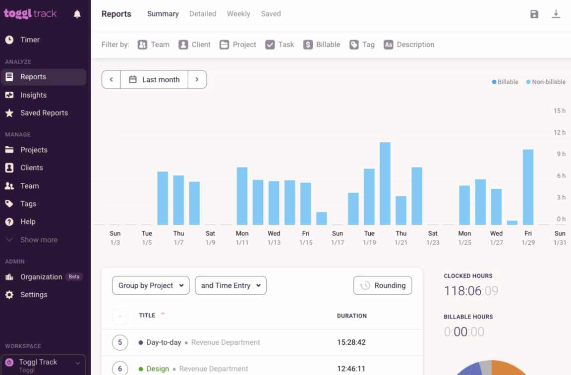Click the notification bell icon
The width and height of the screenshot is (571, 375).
(77, 14)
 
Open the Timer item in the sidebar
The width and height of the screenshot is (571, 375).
(30, 40)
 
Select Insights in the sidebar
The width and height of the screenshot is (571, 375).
(33, 95)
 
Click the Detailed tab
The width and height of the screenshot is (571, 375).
(203, 14)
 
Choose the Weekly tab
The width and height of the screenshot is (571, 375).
(238, 14)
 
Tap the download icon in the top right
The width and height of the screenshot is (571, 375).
(556, 14)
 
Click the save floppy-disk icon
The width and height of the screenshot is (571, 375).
(534, 14)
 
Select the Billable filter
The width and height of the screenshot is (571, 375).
(322, 45)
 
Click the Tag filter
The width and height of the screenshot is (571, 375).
(362, 45)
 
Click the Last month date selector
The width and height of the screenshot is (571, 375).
(154, 80)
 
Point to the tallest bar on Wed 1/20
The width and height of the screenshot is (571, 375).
(385, 183)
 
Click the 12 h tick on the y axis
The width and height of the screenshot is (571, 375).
(559, 132)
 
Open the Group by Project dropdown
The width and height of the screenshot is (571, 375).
(151, 285)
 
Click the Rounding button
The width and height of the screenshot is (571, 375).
(383, 285)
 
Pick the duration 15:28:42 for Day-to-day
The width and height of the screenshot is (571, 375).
(351, 342)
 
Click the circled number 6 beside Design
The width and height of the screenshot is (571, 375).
(120, 369)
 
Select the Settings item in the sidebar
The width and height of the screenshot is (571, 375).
(34, 295)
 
